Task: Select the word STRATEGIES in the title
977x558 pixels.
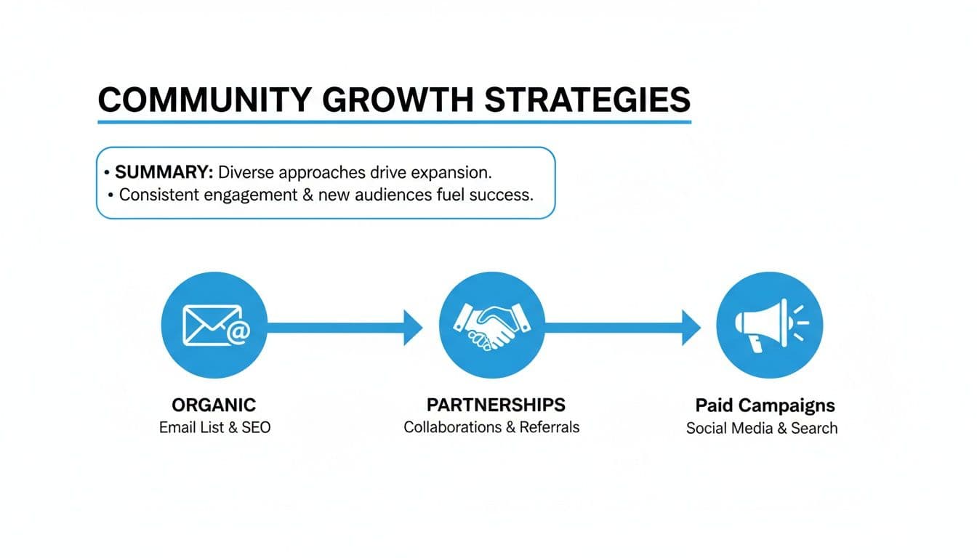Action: [x=587, y=100]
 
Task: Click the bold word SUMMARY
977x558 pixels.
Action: [x=164, y=173]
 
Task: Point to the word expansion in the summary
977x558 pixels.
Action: [x=451, y=173]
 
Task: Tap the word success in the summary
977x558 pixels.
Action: [x=501, y=195]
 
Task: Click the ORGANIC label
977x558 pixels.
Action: [x=214, y=405]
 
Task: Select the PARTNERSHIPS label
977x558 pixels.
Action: [x=496, y=405]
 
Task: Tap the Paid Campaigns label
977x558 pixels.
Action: [x=765, y=405]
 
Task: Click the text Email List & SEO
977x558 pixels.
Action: [x=214, y=427]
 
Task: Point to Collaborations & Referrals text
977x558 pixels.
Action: [x=491, y=427]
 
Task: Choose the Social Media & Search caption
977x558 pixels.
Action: [x=762, y=428]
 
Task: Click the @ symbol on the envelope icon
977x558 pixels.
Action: [x=238, y=332]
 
